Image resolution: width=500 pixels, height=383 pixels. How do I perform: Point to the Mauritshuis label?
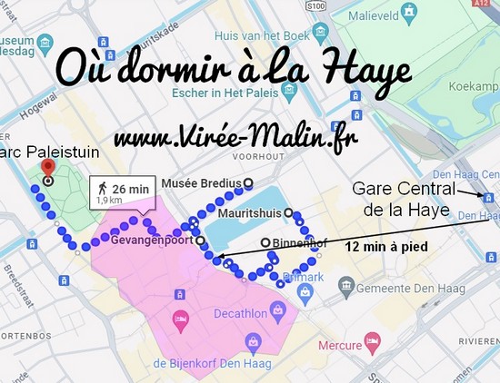249,214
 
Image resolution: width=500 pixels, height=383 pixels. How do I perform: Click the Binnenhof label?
295,243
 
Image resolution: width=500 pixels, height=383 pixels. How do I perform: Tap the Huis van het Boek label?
261,36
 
